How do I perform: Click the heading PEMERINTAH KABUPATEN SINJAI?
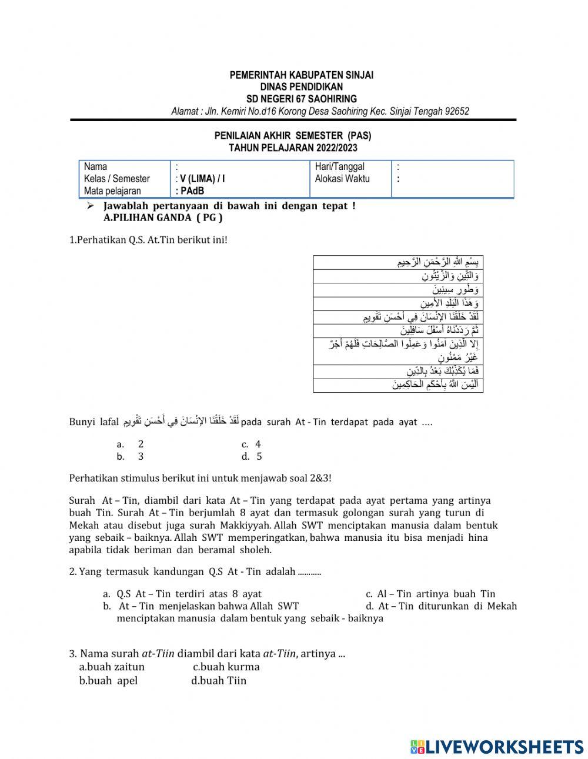[x=301, y=75]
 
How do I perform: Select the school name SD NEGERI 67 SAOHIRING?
[x=301, y=99]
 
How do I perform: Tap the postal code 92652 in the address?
[x=456, y=111]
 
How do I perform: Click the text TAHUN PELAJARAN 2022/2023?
[x=293, y=148]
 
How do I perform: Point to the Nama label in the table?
[x=96, y=167]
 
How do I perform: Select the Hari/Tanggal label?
[x=340, y=167]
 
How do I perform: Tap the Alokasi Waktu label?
[x=342, y=179]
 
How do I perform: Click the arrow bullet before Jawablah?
[x=90, y=206]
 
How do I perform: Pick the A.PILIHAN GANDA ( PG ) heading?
[x=163, y=218]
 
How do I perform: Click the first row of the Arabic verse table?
[x=398, y=262]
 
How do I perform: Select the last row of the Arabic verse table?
[x=398, y=385]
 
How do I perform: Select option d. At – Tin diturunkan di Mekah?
[x=441, y=606]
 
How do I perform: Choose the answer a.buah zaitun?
[x=112, y=667]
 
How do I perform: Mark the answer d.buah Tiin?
[x=219, y=681]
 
